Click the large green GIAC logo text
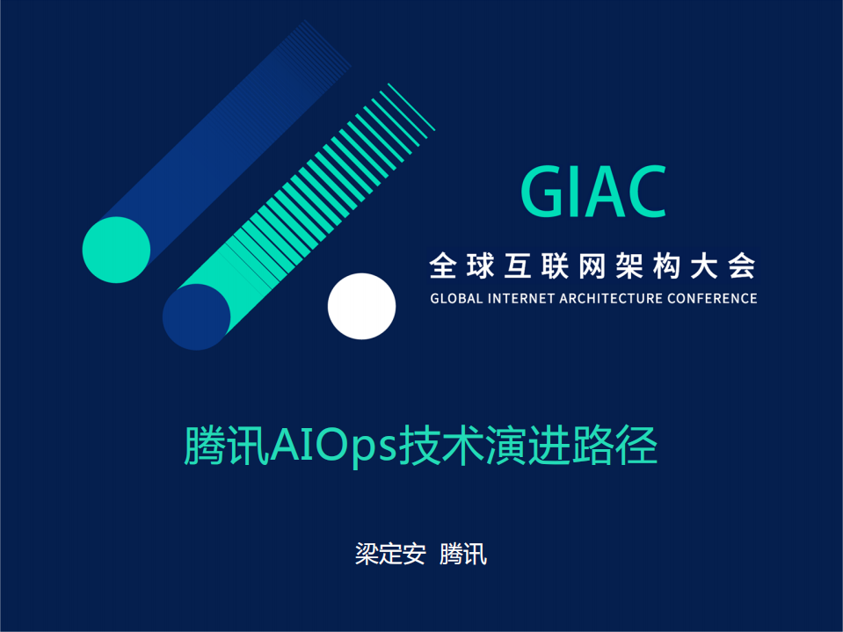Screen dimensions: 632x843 [593, 192]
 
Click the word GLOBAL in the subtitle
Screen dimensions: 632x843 [457, 298]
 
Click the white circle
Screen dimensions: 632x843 [361, 306]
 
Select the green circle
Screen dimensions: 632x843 [116, 250]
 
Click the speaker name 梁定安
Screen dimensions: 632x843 [389, 555]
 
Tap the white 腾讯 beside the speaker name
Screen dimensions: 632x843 [462, 555]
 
